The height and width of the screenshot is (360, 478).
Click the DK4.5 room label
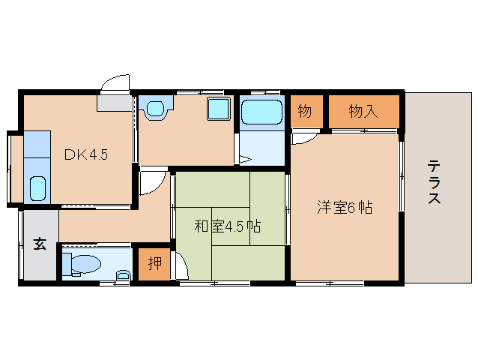click(x=86, y=155)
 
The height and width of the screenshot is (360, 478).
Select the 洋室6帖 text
click(x=344, y=208)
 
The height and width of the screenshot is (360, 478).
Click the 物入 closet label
click(x=363, y=112)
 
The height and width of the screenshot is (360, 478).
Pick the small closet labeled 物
click(x=304, y=112)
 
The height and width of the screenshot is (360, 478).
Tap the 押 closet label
click(x=155, y=263)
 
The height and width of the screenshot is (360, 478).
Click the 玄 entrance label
click(x=38, y=244)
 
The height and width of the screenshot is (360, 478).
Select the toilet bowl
click(x=84, y=263)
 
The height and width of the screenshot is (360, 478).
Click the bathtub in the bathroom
click(x=261, y=112)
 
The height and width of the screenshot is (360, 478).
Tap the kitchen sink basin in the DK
click(x=37, y=187)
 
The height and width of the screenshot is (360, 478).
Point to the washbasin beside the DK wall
click(x=156, y=109)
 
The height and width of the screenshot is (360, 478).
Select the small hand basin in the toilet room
click(x=123, y=276)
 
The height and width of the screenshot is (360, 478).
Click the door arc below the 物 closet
click(x=304, y=138)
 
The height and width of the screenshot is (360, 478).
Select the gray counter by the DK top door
click(x=115, y=104)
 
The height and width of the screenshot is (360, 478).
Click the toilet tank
click(x=66, y=263)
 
